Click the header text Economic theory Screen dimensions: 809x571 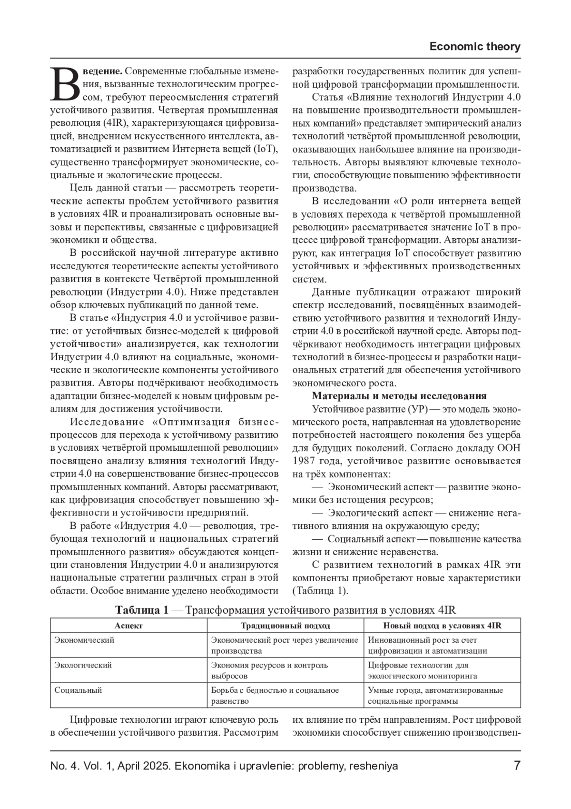coord(474,47)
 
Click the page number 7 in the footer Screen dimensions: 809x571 coord(517,766)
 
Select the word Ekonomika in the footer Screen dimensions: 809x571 coord(197,766)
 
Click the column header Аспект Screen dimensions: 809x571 coord(128,626)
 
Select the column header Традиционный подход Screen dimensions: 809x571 coord(285,626)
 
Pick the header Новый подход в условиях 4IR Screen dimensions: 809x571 coord(442,626)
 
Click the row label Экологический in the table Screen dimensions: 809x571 coord(83,665)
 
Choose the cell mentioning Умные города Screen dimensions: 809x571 coord(435,696)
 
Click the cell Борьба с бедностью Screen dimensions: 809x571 coord(275,696)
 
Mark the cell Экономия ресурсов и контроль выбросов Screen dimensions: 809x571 coord(269,670)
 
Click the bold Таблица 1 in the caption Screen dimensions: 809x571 coord(142,611)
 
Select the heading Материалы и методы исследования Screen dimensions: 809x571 coord(399,396)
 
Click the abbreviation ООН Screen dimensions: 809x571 coord(509,448)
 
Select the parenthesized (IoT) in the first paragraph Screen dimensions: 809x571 coord(266,149)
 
